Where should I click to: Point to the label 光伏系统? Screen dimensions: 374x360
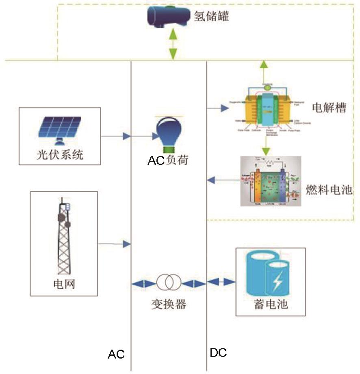tap(59, 155)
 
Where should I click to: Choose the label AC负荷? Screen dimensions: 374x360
tap(168, 160)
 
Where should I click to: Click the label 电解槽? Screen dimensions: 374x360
tap(329, 108)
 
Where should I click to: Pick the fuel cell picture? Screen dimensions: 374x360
tap(271, 181)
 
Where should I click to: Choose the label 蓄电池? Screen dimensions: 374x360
tap(271, 304)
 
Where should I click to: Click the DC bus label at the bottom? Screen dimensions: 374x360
tap(218, 352)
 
